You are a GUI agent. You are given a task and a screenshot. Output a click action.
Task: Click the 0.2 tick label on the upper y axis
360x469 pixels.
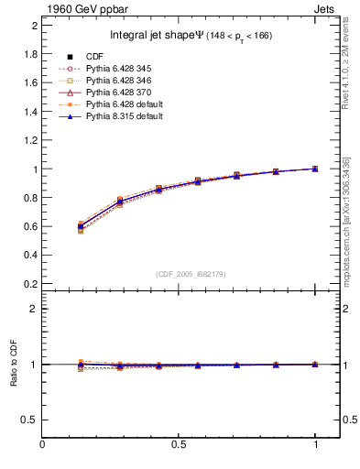coord(30,283)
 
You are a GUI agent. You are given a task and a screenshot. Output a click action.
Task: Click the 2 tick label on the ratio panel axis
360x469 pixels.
coord(34,309)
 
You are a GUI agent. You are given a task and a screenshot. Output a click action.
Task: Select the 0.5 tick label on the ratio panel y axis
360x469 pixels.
coord(30,420)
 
